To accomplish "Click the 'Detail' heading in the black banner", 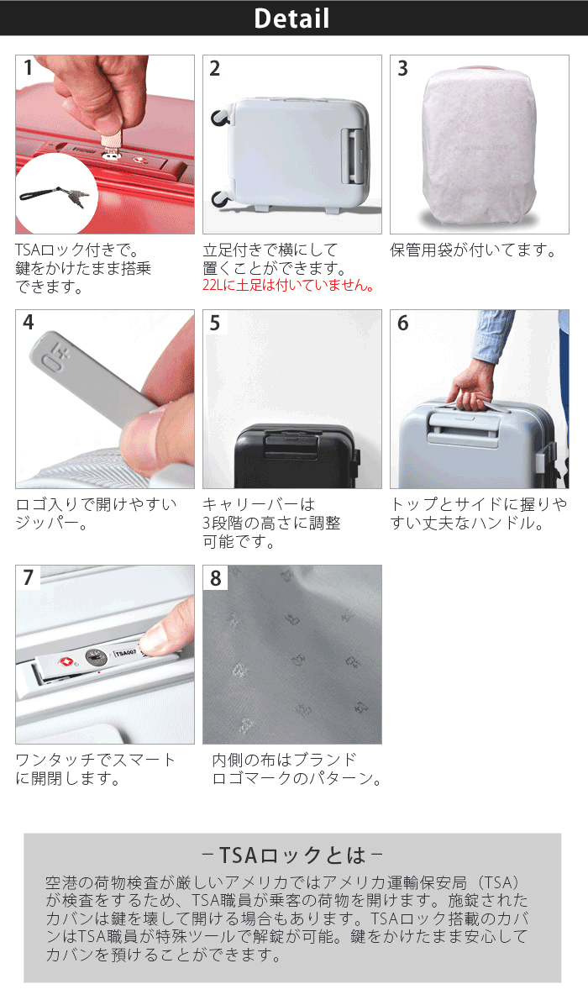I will click(292, 18).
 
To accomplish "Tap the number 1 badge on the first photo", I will click(28, 68).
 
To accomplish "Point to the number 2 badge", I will click(215, 68).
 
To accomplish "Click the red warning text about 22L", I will click(288, 286).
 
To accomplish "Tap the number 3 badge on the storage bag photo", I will click(402, 68).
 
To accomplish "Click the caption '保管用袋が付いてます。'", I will click(474, 250).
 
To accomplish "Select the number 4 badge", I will click(28, 323).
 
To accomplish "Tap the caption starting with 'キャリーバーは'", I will click(271, 523).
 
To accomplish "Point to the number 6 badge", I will click(402, 323).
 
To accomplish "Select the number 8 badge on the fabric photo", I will click(215, 577).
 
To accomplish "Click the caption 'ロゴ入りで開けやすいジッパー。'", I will click(96, 513).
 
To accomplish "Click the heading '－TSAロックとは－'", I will click(292, 855).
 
